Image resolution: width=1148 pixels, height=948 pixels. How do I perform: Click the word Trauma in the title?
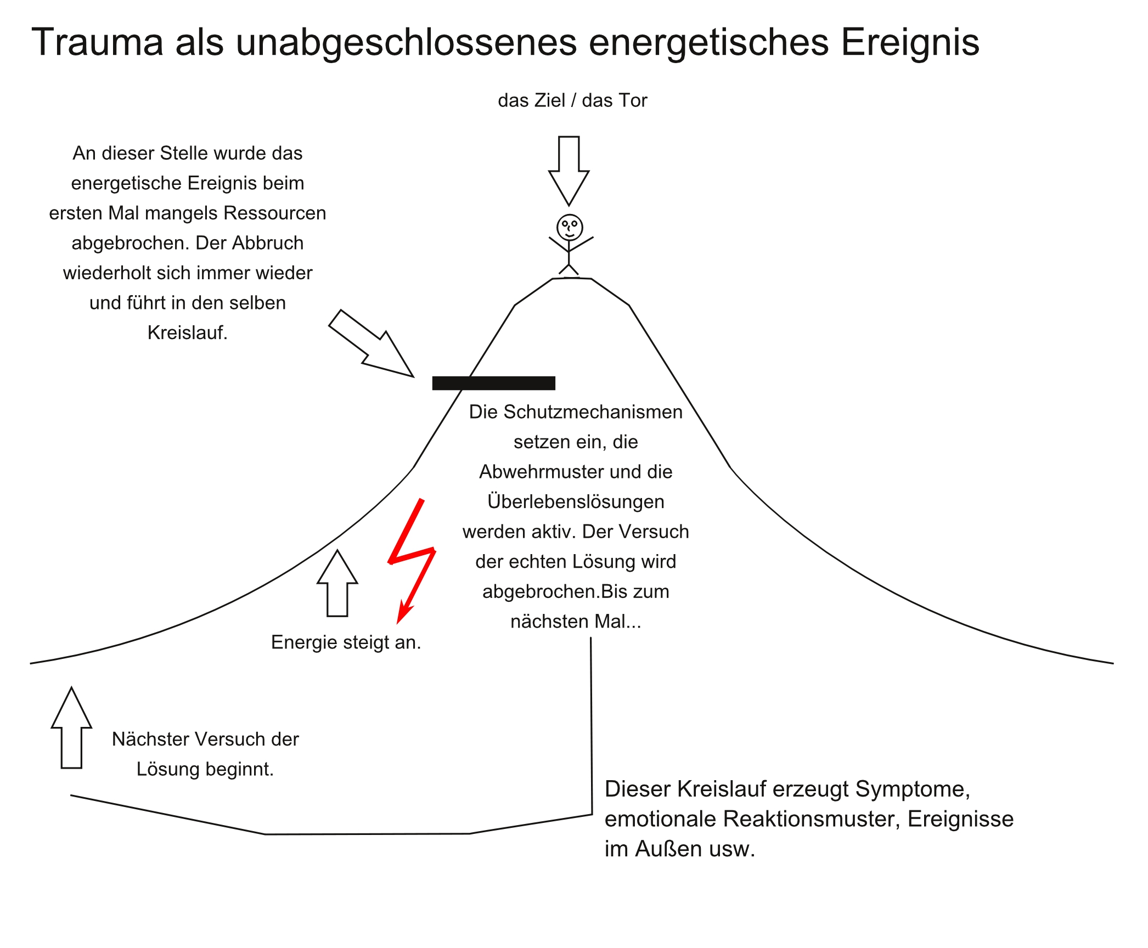98,42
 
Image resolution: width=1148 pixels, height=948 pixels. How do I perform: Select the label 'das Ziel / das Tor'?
572,100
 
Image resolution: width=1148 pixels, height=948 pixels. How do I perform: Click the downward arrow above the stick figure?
569,171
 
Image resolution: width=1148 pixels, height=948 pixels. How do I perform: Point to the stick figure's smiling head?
570,227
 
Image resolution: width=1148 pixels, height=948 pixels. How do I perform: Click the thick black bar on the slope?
494,383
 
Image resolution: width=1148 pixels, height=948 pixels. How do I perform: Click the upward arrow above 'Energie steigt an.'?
337,583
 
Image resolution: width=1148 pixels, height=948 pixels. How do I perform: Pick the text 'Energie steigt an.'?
346,642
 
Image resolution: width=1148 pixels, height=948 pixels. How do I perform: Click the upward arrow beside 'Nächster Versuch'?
71,727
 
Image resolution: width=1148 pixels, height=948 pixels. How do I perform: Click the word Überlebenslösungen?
576,501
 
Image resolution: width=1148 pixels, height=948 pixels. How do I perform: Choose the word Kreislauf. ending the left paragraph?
187,332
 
